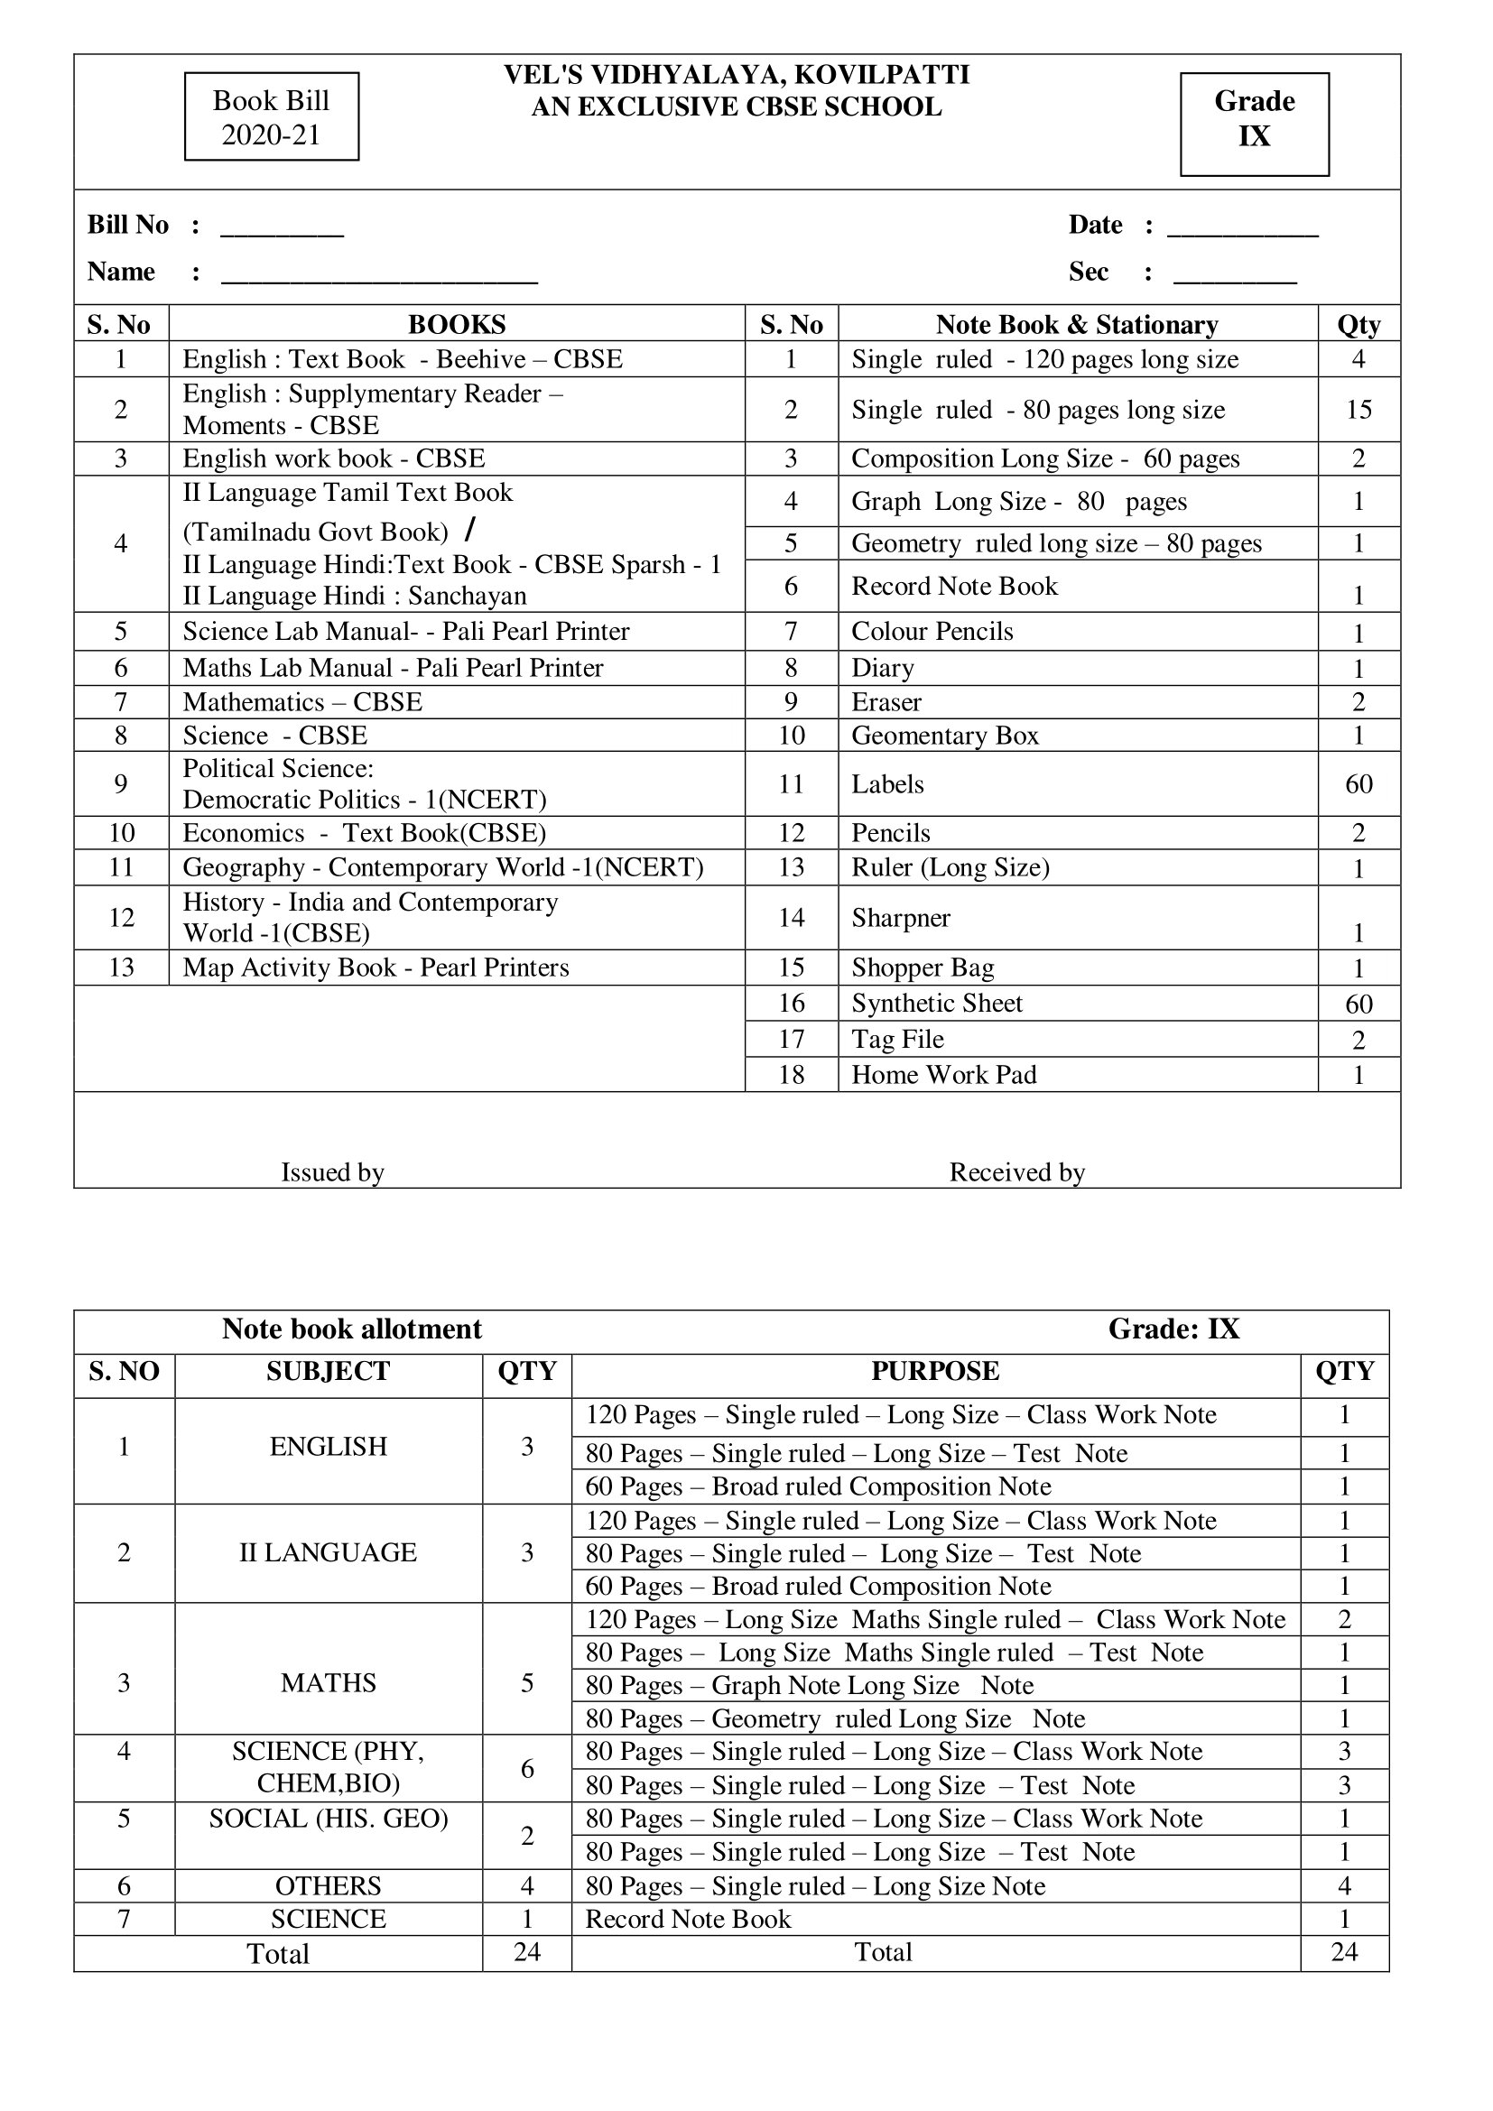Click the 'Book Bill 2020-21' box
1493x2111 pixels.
tap(271, 116)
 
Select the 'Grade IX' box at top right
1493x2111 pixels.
tap(1254, 125)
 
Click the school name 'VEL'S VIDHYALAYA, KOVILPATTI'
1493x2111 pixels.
tap(737, 75)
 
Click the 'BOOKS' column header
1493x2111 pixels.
tap(456, 325)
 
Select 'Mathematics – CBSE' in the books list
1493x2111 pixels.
tap(302, 702)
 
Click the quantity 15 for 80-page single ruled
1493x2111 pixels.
tap(1359, 410)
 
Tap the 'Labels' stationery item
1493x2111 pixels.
tap(887, 784)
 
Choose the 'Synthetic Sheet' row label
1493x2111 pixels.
tap(937, 1003)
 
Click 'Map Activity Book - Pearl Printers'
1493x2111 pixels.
tap(376, 968)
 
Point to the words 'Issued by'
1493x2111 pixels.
tap(332, 1172)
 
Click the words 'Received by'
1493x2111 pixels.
tap(1016, 1172)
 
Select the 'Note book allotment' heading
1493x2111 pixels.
tap(351, 1329)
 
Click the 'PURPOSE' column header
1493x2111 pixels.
tap(935, 1371)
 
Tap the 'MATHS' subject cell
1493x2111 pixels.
tap(329, 1682)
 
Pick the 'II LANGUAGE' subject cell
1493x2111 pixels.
tap(329, 1552)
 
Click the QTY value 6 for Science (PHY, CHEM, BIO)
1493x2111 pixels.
tap(527, 1768)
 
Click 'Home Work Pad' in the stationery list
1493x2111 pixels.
tap(943, 1075)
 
